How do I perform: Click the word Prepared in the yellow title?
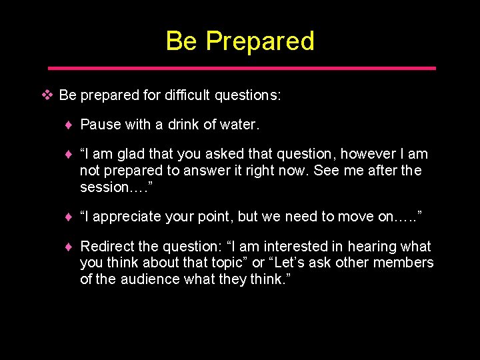tap(260, 41)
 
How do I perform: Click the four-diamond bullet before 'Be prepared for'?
tap(47, 95)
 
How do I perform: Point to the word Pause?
tap(99, 125)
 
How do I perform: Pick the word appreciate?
tap(127, 217)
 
